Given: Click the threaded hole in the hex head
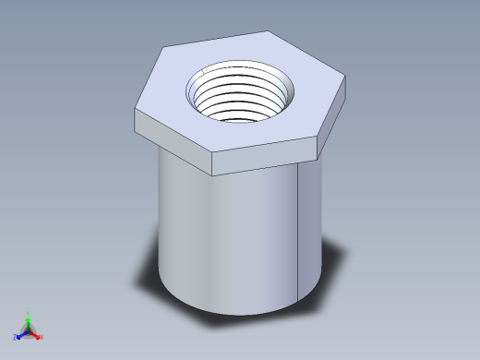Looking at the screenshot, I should tap(242, 92).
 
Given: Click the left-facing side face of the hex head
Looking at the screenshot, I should tap(172, 135).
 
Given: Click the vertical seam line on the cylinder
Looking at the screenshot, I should tap(299, 231).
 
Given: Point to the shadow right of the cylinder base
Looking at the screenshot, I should tap(332, 268).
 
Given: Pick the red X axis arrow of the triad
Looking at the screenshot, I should tap(38, 335).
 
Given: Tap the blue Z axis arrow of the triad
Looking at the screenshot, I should tap(19, 335).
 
